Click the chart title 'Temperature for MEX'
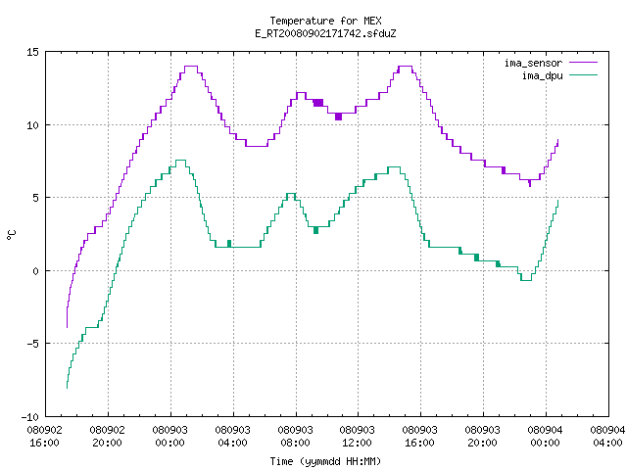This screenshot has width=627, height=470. point(325,21)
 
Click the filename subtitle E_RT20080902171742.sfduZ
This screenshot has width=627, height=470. point(325,33)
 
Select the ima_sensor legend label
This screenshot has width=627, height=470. point(533,63)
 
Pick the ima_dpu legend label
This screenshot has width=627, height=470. point(542,75)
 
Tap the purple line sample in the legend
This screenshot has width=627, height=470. point(583,63)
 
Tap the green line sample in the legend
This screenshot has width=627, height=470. point(583,74)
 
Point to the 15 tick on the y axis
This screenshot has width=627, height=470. point(32,52)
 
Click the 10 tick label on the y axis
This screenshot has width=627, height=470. point(32,125)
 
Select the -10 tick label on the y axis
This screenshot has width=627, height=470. point(30,417)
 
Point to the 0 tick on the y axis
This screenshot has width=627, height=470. point(35,271)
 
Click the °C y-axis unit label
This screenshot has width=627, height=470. point(12,235)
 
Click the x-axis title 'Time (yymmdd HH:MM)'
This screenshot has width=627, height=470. point(325,461)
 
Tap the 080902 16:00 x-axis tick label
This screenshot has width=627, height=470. point(44,436)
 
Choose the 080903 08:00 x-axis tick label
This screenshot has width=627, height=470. point(295,436)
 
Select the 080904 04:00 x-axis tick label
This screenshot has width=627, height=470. point(607,436)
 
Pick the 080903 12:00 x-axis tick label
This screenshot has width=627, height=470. point(357,436)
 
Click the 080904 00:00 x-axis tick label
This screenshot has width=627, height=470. point(545,436)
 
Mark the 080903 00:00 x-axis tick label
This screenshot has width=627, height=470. point(169,436)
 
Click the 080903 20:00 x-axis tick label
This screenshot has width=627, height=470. point(482,436)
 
